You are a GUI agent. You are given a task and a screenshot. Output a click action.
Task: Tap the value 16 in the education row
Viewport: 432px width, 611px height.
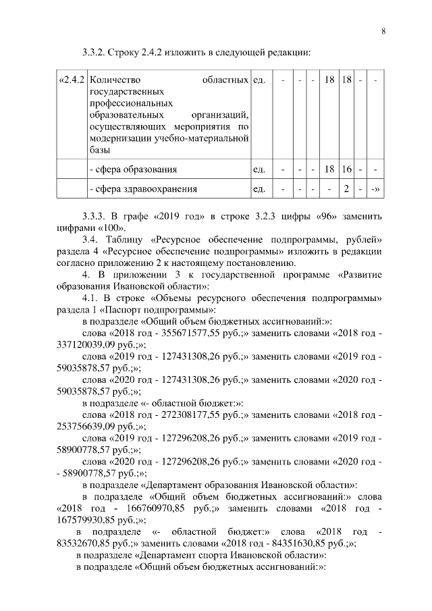point(347,169)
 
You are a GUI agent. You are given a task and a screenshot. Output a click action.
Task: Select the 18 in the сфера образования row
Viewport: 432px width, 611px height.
point(329,169)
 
